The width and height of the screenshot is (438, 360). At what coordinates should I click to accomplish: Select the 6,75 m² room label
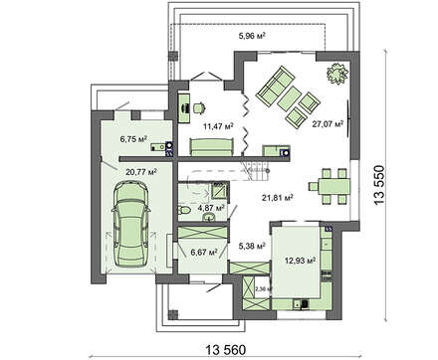tap(133, 139)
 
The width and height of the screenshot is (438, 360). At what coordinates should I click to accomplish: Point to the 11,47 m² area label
tap(216, 127)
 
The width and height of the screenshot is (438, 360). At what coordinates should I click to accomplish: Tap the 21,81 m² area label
tap(276, 198)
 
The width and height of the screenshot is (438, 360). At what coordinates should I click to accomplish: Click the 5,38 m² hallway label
tap(251, 242)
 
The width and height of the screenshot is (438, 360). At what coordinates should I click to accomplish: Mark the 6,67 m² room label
tap(202, 253)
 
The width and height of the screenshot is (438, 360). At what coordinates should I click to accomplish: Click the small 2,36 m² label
tap(262, 289)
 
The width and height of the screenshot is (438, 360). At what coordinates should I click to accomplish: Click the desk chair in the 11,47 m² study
tap(197, 107)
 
